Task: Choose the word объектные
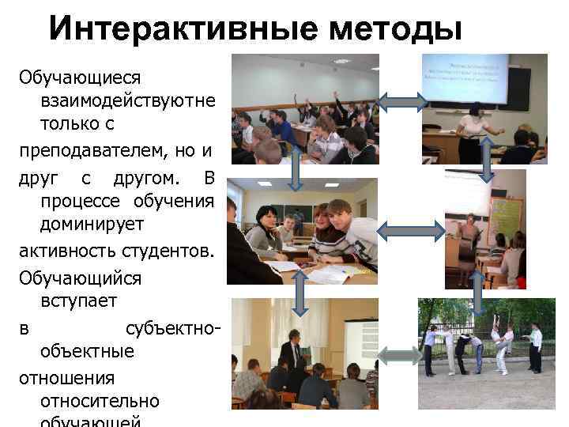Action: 87,350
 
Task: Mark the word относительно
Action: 99,401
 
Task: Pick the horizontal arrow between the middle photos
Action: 412,229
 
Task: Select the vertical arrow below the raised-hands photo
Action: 295,168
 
